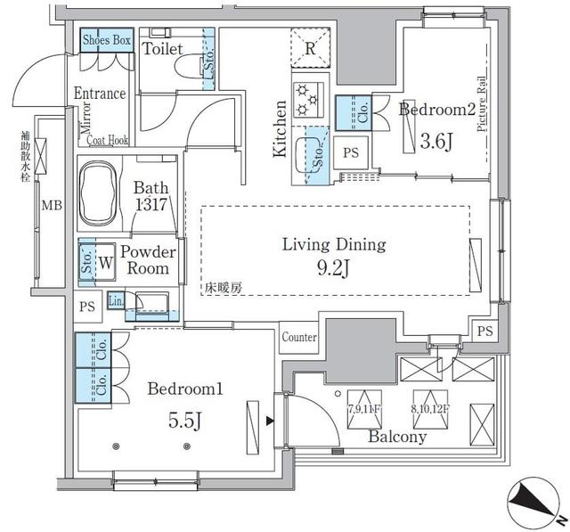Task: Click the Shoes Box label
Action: pos(107,40)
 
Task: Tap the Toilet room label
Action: pos(164,48)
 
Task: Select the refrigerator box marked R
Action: pos(308,49)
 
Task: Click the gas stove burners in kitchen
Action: pos(308,98)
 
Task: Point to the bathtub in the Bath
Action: pos(104,188)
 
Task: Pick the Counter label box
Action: pos(299,338)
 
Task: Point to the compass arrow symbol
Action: pos(530,498)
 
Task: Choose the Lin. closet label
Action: pos(115,300)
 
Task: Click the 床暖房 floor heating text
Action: pos(224,289)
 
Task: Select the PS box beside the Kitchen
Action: pos(351,152)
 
